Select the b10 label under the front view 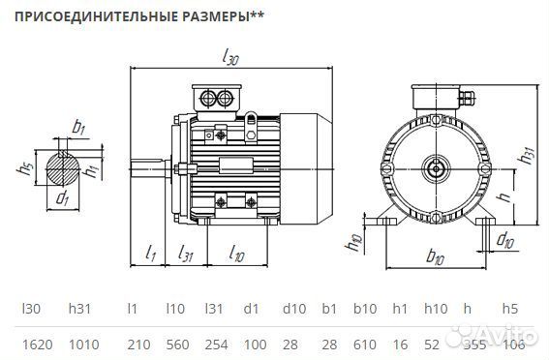(434, 257)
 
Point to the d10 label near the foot (503, 238)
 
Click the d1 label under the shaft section (63, 199)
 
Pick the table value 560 (176, 343)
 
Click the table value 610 (366, 343)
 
